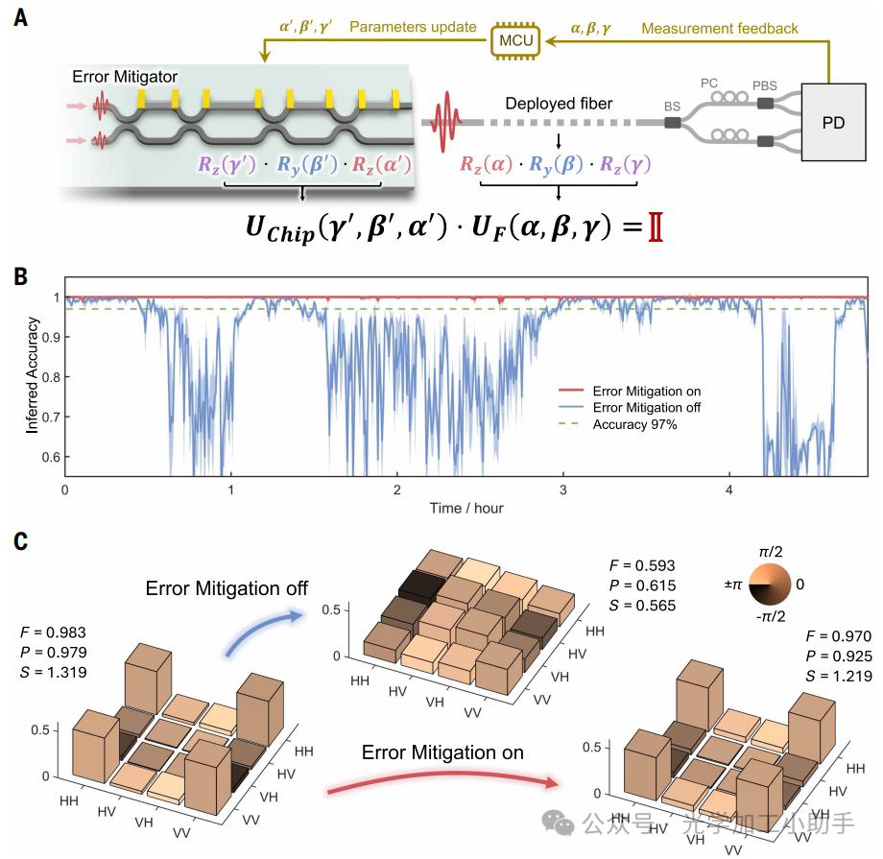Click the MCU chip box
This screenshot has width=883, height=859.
515,39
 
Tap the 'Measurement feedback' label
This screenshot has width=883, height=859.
719,28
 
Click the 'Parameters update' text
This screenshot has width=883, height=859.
413,27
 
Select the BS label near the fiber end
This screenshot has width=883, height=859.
671,108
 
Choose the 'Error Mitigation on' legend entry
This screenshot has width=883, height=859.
646,392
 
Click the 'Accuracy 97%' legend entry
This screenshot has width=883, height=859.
634,424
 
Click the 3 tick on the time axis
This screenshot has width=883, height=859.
563,489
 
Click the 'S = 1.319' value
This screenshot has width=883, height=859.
54,673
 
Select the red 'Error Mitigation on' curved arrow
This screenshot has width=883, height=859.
441,779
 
